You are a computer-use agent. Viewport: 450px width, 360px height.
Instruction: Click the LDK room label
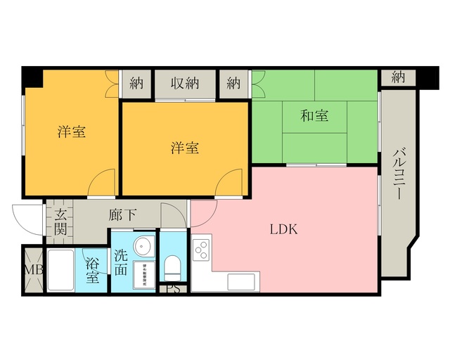[x=285, y=229]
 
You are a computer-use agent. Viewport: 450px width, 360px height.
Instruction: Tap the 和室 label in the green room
[x=314, y=116]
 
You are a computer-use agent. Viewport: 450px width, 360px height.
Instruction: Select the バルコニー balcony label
[x=398, y=173]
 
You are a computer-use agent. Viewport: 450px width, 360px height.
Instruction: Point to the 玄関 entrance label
[x=61, y=221]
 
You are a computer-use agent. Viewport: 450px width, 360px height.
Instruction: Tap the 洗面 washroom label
[x=121, y=262]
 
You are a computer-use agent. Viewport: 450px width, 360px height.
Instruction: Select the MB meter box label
[x=32, y=270]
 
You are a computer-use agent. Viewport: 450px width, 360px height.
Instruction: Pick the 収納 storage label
[x=186, y=84]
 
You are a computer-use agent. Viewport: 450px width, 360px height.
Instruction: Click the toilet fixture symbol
[x=172, y=266]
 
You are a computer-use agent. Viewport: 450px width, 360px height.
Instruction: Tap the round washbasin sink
[x=143, y=247]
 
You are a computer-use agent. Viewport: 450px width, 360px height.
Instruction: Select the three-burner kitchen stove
[x=202, y=250]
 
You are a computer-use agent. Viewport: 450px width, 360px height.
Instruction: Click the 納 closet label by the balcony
[x=399, y=77]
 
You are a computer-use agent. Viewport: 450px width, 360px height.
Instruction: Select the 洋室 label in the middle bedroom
[x=185, y=148]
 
